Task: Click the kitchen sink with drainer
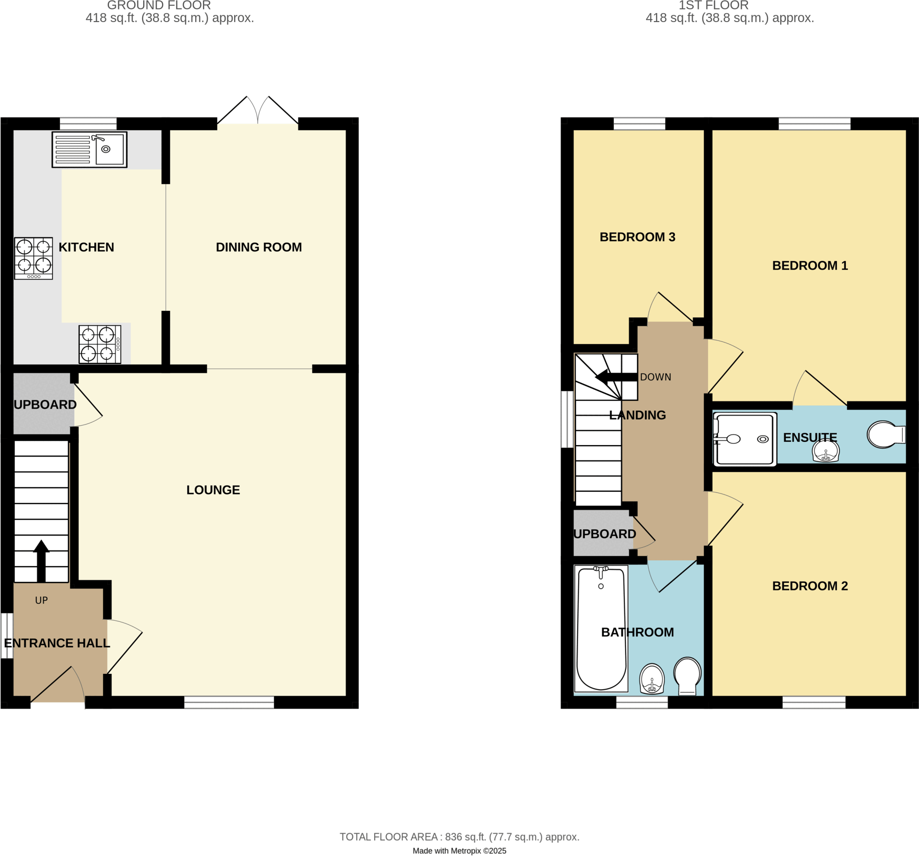(x=89, y=149)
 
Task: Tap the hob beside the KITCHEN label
(x=33, y=258)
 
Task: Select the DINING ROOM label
(x=258, y=247)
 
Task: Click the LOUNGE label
(x=213, y=490)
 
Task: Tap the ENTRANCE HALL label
(x=57, y=643)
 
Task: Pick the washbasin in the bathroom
(x=652, y=678)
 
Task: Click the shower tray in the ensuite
(x=744, y=439)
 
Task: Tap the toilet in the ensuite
(x=885, y=434)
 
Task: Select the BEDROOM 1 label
(x=810, y=266)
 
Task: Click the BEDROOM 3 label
(x=638, y=237)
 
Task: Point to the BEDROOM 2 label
(x=810, y=586)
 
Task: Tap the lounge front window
(x=229, y=703)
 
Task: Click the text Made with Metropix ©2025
(x=459, y=851)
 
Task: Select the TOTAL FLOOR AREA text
(x=459, y=837)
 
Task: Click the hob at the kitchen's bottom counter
(x=100, y=345)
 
